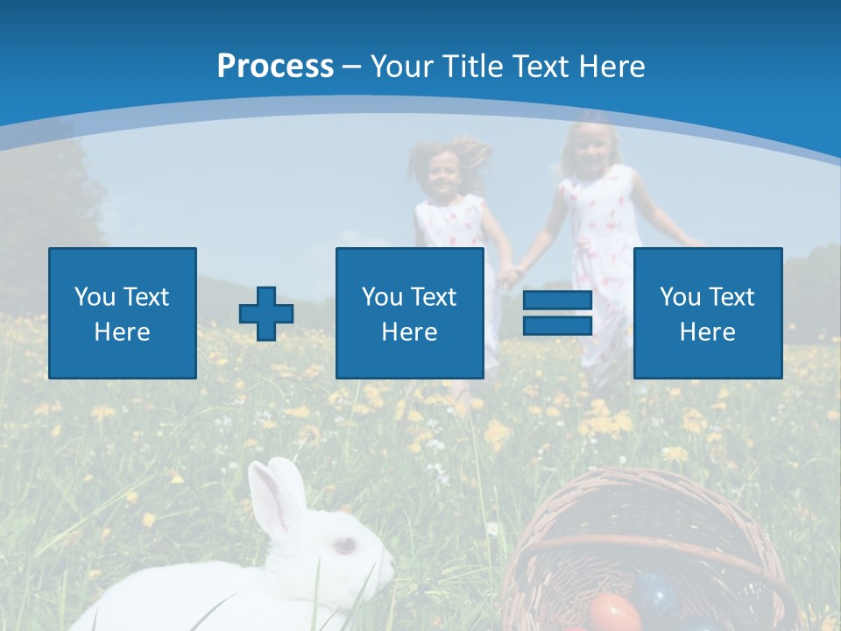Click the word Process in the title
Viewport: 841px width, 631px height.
click(x=275, y=67)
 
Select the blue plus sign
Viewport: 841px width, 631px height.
click(x=266, y=314)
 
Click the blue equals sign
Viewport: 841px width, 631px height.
click(x=557, y=313)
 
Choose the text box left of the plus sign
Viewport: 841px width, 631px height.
click(x=123, y=313)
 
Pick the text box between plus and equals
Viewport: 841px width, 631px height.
click(x=409, y=313)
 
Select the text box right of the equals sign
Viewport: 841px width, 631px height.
click(x=707, y=313)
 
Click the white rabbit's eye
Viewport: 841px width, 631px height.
click(x=345, y=545)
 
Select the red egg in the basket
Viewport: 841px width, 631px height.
click(x=613, y=613)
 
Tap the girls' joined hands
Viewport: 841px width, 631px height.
click(x=509, y=275)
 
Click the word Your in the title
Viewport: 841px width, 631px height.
click(x=399, y=67)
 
